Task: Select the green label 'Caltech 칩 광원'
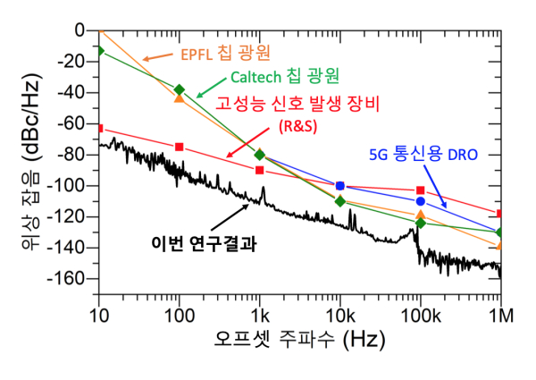click(x=287, y=75)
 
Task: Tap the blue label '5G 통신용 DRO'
click(x=423, y=154)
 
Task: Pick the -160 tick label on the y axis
click(x=67, y=278)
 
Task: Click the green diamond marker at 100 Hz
click(x=180, y=89)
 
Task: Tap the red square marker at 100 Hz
click(x=180, y=147)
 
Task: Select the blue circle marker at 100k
click(x=420, y=201)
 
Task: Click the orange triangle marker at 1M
click(x=500, y=244)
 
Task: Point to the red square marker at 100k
click(x=420, y=190)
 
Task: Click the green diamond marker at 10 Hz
click(x=99, y=50)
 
